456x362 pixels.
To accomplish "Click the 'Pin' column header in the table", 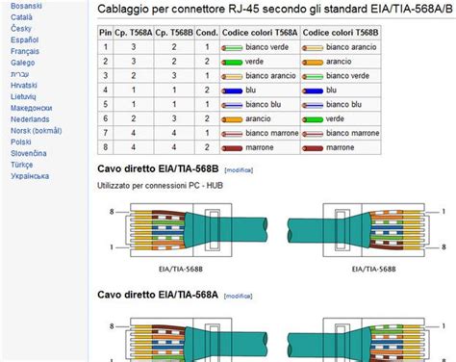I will (x=105, y=32).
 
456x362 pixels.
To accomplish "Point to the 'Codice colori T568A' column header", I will (x=260, y=32).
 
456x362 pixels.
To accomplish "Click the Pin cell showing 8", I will (x=105, y=147).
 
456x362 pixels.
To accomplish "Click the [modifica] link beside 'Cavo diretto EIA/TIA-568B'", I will (x=239, y=168).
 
